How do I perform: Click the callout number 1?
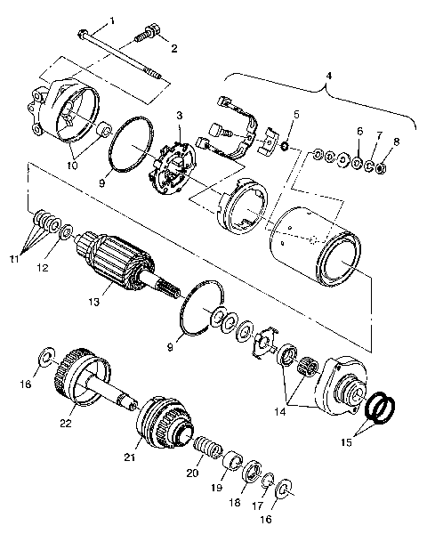(x=112, y=20)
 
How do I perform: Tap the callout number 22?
(x=65, y=424)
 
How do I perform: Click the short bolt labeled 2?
(x=144, y=37)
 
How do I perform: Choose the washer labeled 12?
(x=66, y=233)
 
